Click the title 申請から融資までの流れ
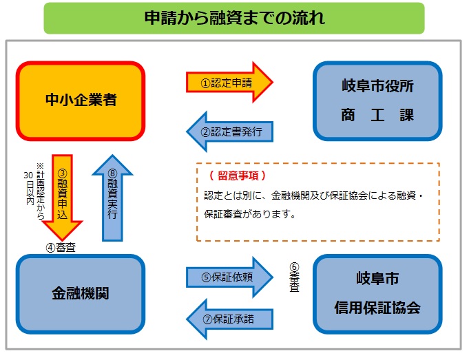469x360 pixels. click(234, 18)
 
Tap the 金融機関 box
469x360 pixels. click(81, 292)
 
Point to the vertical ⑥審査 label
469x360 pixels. click(294, 277)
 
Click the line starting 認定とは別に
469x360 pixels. click(316, 195)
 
